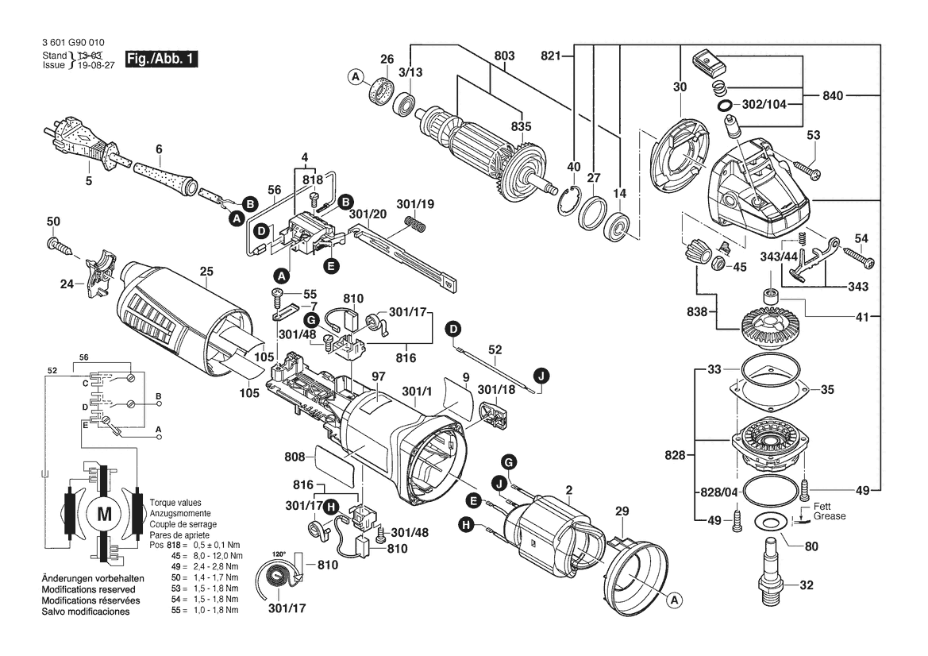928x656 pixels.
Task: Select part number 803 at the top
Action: coord(504,56)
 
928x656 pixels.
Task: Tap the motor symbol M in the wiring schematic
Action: coord(104,514)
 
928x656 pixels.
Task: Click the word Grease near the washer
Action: coord(830,516)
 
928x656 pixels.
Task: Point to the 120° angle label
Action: coord(279,554)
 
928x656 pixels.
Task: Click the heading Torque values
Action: coord(175,503)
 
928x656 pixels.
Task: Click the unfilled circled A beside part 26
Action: coord(355,76)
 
